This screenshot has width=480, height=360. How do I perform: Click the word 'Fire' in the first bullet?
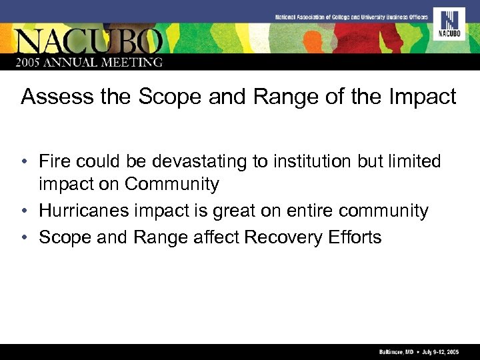tap(54, 161)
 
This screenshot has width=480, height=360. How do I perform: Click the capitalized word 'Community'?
tap(171, 185)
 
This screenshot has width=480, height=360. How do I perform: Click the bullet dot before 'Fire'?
tap(24, 162)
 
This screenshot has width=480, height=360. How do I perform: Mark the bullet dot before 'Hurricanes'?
tap(24, 212)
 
